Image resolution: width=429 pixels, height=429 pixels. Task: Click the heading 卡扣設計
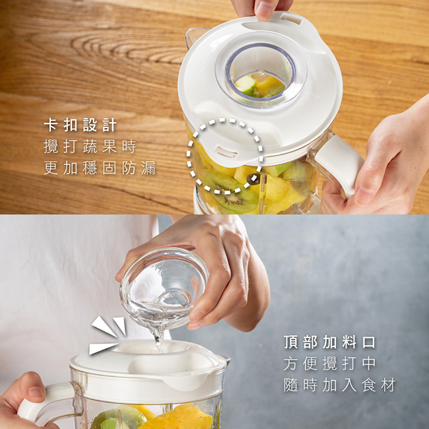(80, 125)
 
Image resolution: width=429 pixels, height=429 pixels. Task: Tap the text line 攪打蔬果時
(90, 147)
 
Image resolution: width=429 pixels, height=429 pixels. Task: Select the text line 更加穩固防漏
(100, 168)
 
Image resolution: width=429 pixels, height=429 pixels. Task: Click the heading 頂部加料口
(329, 342)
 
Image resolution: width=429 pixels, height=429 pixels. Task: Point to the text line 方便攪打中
(329, 364)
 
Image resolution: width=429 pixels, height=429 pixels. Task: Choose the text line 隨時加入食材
(339, 385)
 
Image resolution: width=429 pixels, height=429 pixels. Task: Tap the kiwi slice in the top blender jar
(231, 192)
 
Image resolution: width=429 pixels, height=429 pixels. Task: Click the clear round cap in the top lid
(261, 72)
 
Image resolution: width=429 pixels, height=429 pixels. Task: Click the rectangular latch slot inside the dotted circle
(226, 152)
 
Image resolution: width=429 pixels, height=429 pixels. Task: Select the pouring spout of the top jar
(195, 37)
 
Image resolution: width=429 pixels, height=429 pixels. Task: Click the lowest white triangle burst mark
(102, 348)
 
